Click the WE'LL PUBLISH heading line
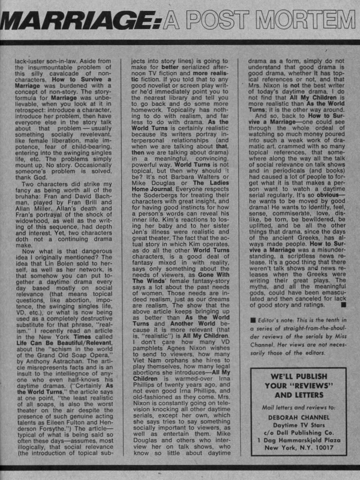tap(298, 376)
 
